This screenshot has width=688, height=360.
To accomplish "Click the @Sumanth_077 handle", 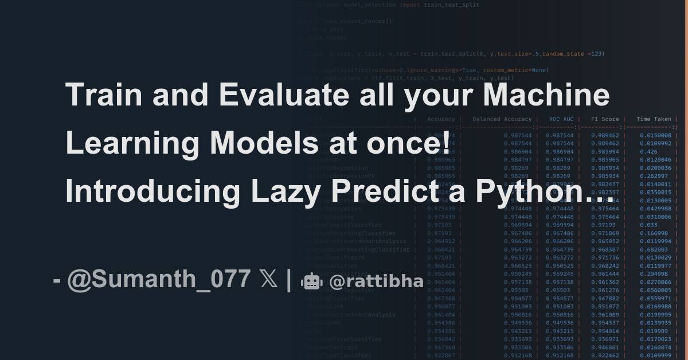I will point(159,279).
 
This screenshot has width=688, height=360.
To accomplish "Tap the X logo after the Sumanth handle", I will point(268,279).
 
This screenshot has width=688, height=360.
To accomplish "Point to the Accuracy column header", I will point(441,119).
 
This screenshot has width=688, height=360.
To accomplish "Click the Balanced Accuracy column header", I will point(502,119).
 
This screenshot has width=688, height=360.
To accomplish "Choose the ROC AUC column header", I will point(561,119).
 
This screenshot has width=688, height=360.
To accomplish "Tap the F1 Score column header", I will point(605,119).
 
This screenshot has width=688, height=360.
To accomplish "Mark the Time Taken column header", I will point(654,119).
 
